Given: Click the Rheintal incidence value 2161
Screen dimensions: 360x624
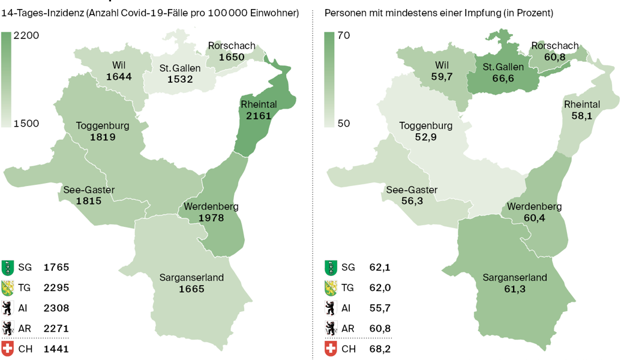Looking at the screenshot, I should click(x=259, y=115).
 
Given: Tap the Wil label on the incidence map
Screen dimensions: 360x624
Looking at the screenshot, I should click(x=119, y=65).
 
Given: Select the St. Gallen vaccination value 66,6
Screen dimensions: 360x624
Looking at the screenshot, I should click(x=503, y=79).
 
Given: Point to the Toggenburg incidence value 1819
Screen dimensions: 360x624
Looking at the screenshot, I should click(x=103, y=137).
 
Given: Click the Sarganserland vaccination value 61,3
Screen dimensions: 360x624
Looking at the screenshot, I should click(x=515, y=289).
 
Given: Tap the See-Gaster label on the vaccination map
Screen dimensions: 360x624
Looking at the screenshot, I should click(x=412, y=190).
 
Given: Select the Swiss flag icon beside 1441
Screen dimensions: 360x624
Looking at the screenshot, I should click(x=8, y=349).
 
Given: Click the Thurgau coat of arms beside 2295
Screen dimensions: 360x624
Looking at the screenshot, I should click(x=8, y=287).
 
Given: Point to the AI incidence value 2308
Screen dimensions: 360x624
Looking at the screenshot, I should click(x=56, y=308).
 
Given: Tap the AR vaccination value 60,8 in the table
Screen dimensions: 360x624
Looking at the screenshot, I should click(x=380, y=328).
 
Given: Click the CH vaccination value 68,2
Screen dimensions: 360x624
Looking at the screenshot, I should click(x=380, y=349).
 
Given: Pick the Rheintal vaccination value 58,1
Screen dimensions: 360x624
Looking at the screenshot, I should click(x=581, y=116).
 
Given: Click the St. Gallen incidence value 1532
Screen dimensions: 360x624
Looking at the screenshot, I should click(x=180, y=79).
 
